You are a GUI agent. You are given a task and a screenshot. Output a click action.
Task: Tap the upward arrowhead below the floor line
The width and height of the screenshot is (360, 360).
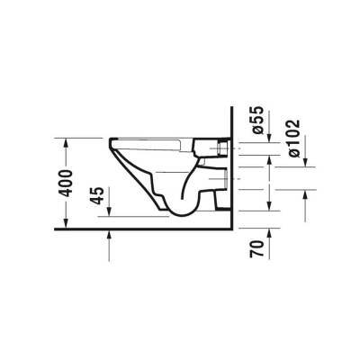click(108, 236)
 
